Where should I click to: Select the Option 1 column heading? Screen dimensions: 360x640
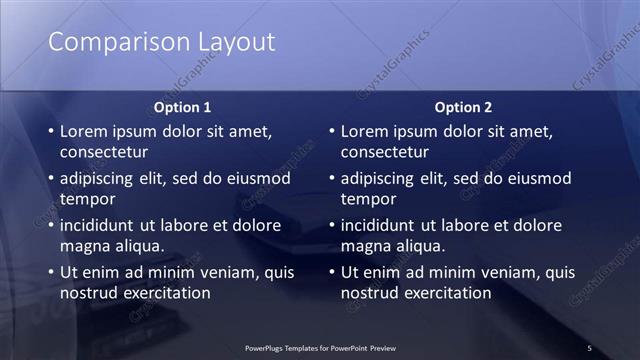[182, 107]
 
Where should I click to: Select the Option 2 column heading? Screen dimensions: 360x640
[463, 107]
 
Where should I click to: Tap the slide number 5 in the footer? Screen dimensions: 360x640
[589, 348]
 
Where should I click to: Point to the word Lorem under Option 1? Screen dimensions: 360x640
[84, 131]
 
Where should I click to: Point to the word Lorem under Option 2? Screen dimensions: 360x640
[365, 131]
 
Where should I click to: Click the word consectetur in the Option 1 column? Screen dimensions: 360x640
[104, 153]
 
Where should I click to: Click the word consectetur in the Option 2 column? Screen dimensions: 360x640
[385, 153]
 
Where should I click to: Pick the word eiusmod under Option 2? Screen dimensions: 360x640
[536, 179]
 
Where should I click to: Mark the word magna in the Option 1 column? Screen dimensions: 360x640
[83, 246]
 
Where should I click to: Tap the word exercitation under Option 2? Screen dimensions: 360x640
[443, 293]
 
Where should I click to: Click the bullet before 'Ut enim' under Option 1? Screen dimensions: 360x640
[50, 272]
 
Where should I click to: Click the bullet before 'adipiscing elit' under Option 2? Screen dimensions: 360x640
[331, 179]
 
